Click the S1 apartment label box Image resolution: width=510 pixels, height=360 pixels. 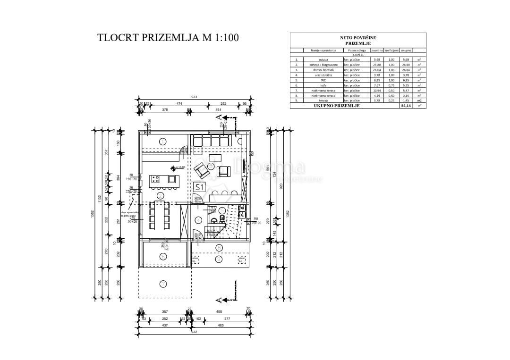click(199, 187)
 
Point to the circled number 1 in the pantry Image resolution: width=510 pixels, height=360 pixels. click(162, 141)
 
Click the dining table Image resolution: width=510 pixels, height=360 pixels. click(161, 216)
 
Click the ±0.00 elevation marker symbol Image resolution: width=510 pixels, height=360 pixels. click(173, 167)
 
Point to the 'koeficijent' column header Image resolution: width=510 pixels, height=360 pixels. click(391, 50)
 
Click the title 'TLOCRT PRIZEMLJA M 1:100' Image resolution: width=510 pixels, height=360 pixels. click(168, 38)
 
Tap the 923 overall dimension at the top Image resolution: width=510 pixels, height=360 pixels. click(195, 97)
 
